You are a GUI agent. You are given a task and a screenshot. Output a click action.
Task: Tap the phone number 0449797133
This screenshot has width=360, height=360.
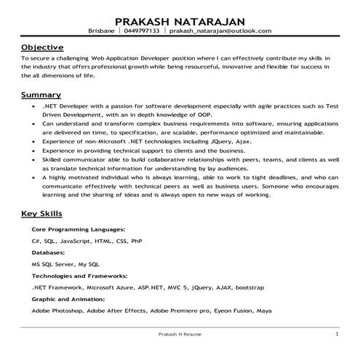142,31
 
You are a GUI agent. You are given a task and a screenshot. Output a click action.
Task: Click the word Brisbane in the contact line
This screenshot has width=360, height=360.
101,31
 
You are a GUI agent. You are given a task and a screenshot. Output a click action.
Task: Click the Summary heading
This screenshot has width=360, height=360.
41,95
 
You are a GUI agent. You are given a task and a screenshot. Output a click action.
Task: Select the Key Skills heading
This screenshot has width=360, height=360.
41,214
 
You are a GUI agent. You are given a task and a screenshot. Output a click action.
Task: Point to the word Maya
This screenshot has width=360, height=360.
265,311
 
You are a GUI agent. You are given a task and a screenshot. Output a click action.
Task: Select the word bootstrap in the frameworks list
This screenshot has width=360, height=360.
249,287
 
